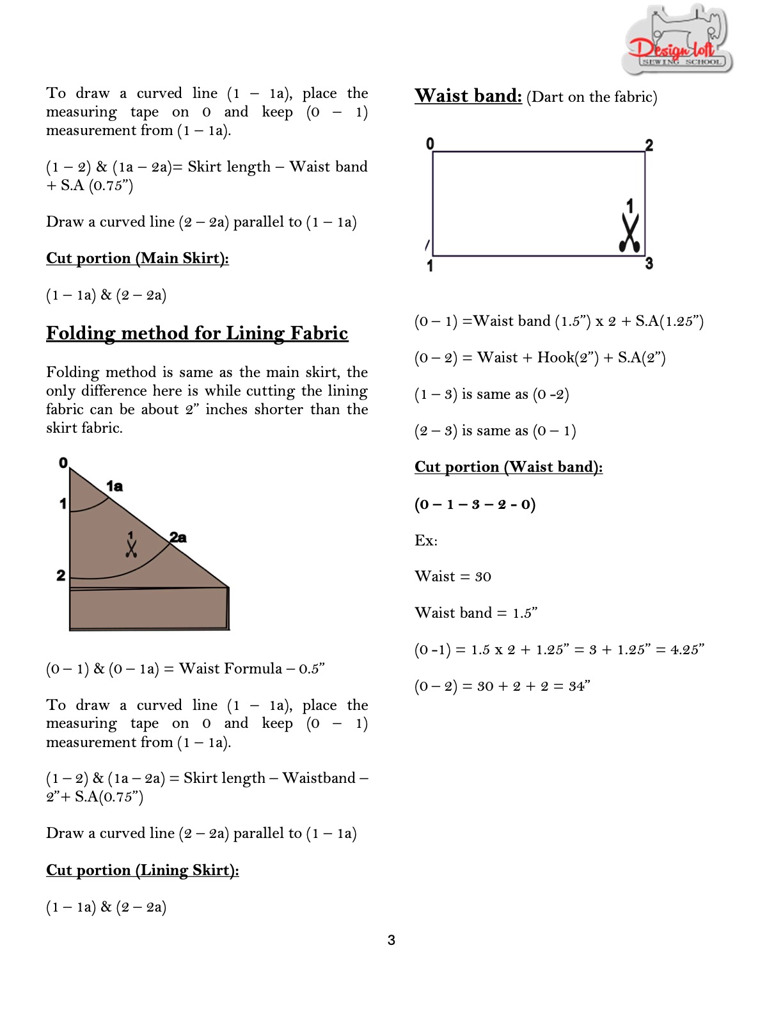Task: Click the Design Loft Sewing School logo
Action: click(x=677, y=40)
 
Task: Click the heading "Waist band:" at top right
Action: click(x=468, y=96)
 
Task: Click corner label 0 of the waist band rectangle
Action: click(x=430, y=144)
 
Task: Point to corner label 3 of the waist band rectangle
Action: click(x=649, y=263)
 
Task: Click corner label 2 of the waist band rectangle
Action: click(x=649, y=145)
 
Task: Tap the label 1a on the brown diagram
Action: click(x=115, y=487)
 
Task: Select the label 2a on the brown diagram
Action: click(x=178, y=538)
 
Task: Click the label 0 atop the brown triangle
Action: click(x=63, y=463)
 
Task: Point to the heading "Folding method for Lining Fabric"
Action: click(x=197, y=333)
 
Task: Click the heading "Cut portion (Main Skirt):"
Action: click(x=138, y=258)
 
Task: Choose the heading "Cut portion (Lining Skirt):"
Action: click(x=143, y=870)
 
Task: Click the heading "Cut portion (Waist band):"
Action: click(x=509, y=467)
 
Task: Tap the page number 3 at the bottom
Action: click(x=391, y=940)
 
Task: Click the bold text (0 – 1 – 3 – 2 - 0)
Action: click(x=475, y=504)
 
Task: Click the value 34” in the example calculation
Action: click(x=579, y=686)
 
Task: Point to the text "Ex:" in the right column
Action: click(x=426, y=540)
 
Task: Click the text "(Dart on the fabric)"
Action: click(x=592, y=97)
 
